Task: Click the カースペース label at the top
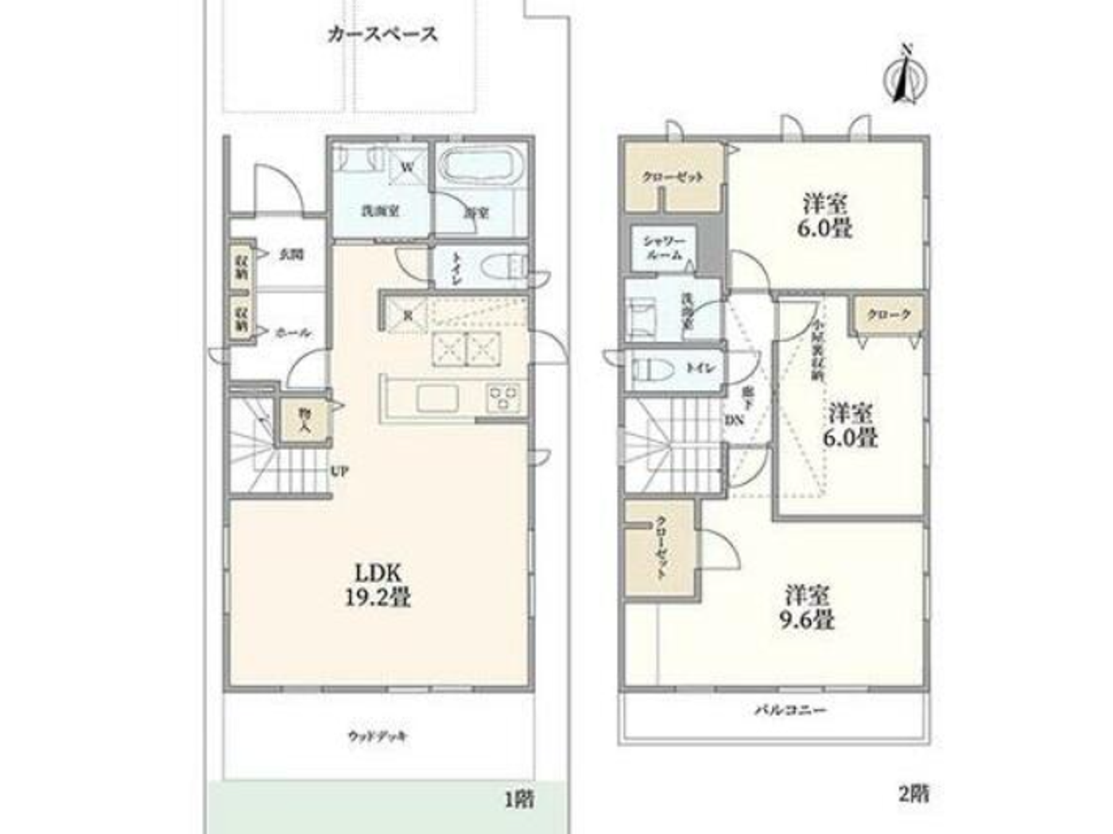pyautogui.click(x=382, y=34)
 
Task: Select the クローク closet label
pyautogui.click(x=889, y=315)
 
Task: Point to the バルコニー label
pyautogui.click(x=789, y=709)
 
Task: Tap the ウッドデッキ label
pyautogui.click(x=378, y=736)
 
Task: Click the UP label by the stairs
pyautogui.click(x=339, y=471)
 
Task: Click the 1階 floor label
pyautogui.click(x=518, y=797)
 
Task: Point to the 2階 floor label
pyautogui.click(x=913, y=793)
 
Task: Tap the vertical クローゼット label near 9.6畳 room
pyautogui.click(x=660, y=548)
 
